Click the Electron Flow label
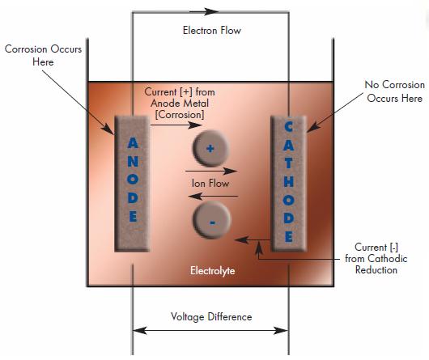(212, 31)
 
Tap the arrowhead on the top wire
(211, 11)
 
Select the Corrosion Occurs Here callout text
(43, 56)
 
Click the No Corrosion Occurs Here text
(394, 91)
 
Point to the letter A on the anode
(133, 143)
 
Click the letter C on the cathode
(289, 127)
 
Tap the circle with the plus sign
(210, 148)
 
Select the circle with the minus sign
(212, 220)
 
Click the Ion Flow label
(210, 183)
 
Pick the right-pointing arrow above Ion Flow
(211, 172)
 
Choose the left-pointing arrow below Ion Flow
(213, 196)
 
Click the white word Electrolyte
(213, 271)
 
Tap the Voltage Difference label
(211, 316)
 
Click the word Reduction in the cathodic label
(376, 269)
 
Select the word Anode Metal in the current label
(180, 103)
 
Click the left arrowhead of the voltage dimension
(140, 331)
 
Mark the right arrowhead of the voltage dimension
(281, 331)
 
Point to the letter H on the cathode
(289, 181)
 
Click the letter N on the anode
(133, 162)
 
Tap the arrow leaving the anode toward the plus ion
(176, 125)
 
